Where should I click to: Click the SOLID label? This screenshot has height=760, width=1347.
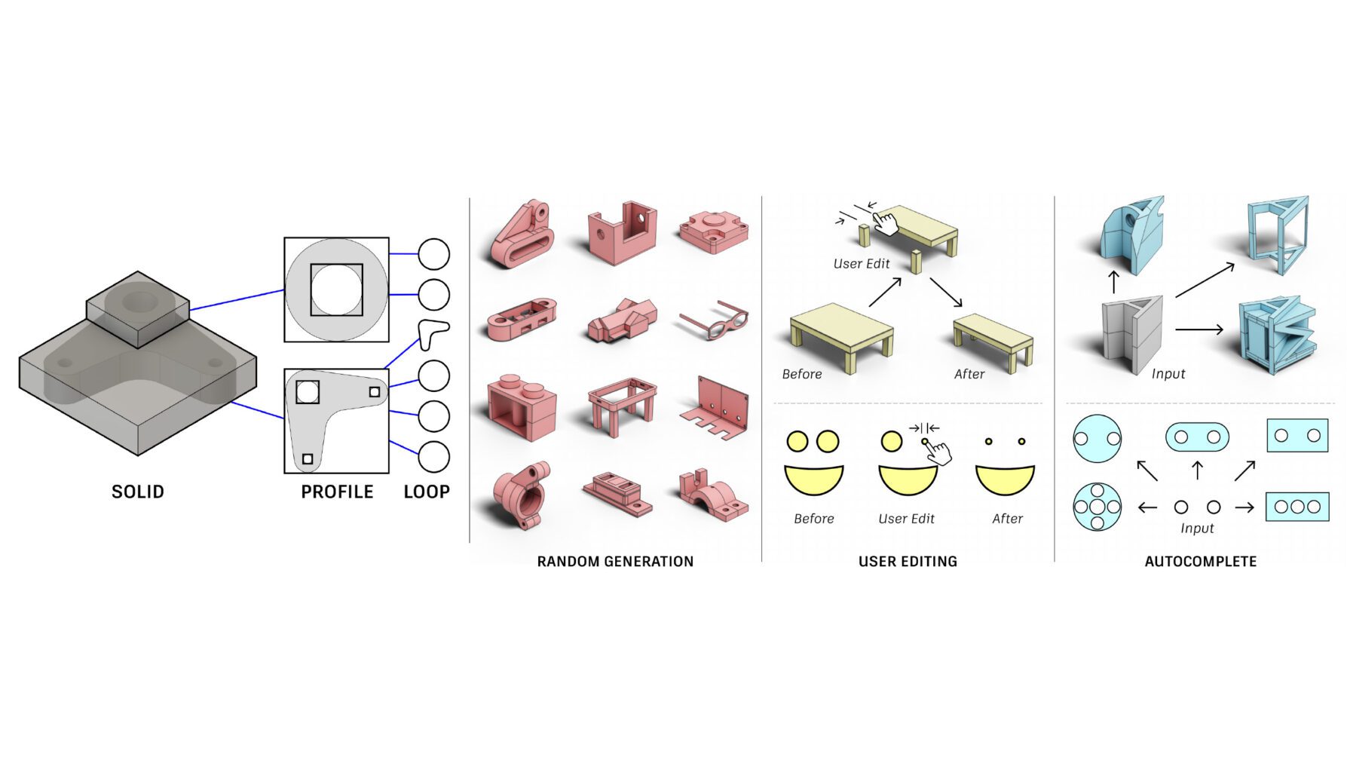(138, 492)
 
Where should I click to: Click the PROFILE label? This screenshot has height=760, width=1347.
(337, 492)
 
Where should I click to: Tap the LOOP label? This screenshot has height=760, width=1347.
(427, 492)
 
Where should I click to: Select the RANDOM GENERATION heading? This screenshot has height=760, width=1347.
(615, 561)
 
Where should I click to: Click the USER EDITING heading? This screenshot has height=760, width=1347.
(908, 561)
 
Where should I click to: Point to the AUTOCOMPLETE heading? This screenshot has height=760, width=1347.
(1200, 561)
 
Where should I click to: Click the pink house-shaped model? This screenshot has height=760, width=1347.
(622, 320)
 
